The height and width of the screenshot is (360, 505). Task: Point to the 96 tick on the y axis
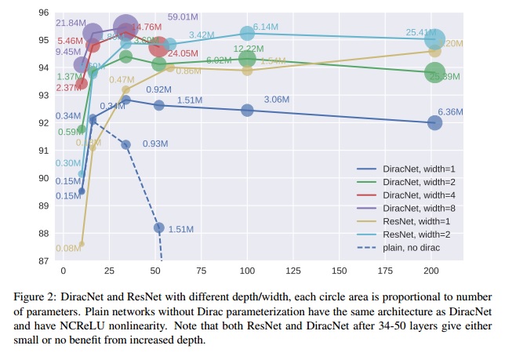click(x=43, y=13)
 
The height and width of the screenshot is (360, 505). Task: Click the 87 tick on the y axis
click(x=43, y=261)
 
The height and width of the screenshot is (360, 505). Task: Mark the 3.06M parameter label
click(x=277, y=100)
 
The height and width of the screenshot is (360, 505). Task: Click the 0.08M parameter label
click(x=68, y=249)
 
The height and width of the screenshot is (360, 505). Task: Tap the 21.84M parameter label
click(x=71, y=24)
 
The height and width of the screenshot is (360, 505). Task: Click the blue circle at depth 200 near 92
click(x=434, y=122)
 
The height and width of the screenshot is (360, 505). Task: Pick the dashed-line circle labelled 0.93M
click(x=125, y=144)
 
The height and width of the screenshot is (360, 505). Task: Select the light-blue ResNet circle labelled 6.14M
click(x=247, y=33)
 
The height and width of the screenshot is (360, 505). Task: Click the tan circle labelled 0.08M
click(x=82, y=244)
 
